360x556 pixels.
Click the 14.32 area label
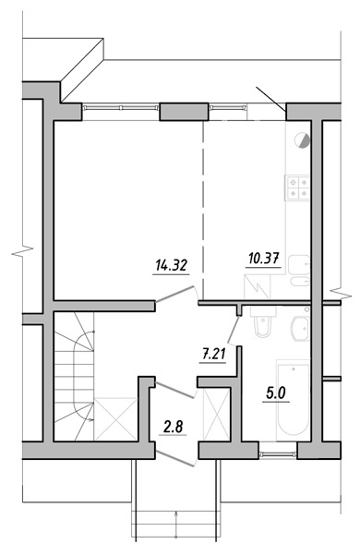(x=171, y=265)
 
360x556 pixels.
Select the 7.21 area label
(x=213, y=354)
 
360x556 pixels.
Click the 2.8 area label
(x=173, y=427)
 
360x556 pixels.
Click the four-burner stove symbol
(x=298, y=187)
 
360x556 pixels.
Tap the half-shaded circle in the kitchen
(x=302, y=139)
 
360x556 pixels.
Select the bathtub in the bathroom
(x=293, y=400)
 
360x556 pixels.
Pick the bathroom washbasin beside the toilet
(x=301, y=329)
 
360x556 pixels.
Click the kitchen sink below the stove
(x=299, y=270)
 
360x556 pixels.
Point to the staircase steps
(x=74, y=377)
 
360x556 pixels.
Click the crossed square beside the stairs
(x=115, y=419)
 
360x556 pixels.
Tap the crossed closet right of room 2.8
(x=216, y=414)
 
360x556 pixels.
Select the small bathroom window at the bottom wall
(x=278, y=453)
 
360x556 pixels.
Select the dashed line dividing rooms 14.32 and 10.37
(x=203, y=210)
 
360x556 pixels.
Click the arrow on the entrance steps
(x=176, y=524)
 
